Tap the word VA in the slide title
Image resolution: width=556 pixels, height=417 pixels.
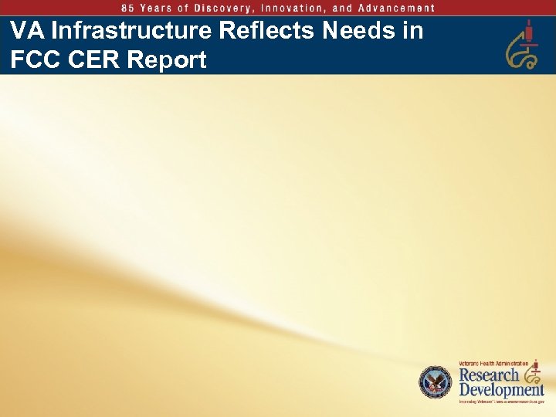26,32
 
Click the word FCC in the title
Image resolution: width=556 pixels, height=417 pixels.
36,60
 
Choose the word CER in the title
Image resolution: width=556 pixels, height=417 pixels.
95,60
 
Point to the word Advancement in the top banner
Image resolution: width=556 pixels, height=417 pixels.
398,8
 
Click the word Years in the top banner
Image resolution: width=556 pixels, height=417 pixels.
164,8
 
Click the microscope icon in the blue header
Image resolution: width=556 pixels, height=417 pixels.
523,45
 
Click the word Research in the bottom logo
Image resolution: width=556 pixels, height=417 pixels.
489,375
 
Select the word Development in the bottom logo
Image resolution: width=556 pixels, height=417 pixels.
501,390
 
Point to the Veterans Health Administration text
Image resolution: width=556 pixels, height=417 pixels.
494,363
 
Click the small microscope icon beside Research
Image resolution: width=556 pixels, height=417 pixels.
533,375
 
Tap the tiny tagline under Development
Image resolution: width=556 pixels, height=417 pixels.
501,402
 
